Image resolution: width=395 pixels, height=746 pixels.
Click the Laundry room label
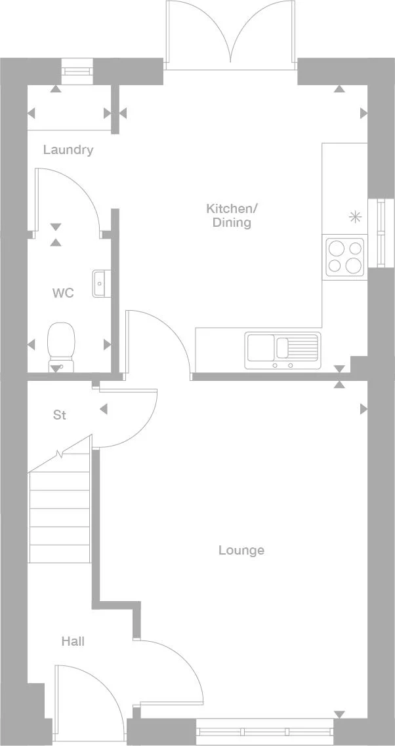[68, 150]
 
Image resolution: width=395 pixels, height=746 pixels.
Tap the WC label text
[63, 292]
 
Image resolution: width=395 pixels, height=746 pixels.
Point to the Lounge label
[241, 550]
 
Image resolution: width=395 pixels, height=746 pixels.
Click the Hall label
[73, 641]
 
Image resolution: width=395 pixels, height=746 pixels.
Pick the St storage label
[60, 415]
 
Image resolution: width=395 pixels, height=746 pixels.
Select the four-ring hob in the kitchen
[345, 256]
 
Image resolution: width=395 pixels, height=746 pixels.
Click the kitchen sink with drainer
[282, 350]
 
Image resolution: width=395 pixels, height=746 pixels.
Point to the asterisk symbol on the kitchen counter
[355, 216]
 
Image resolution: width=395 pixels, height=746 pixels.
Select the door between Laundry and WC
[66, 197]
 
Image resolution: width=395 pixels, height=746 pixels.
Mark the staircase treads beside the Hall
[59, 511]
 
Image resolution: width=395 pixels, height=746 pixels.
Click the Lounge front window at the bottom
[264, 731]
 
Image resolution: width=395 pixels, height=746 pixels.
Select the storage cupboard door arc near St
[131, 420]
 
